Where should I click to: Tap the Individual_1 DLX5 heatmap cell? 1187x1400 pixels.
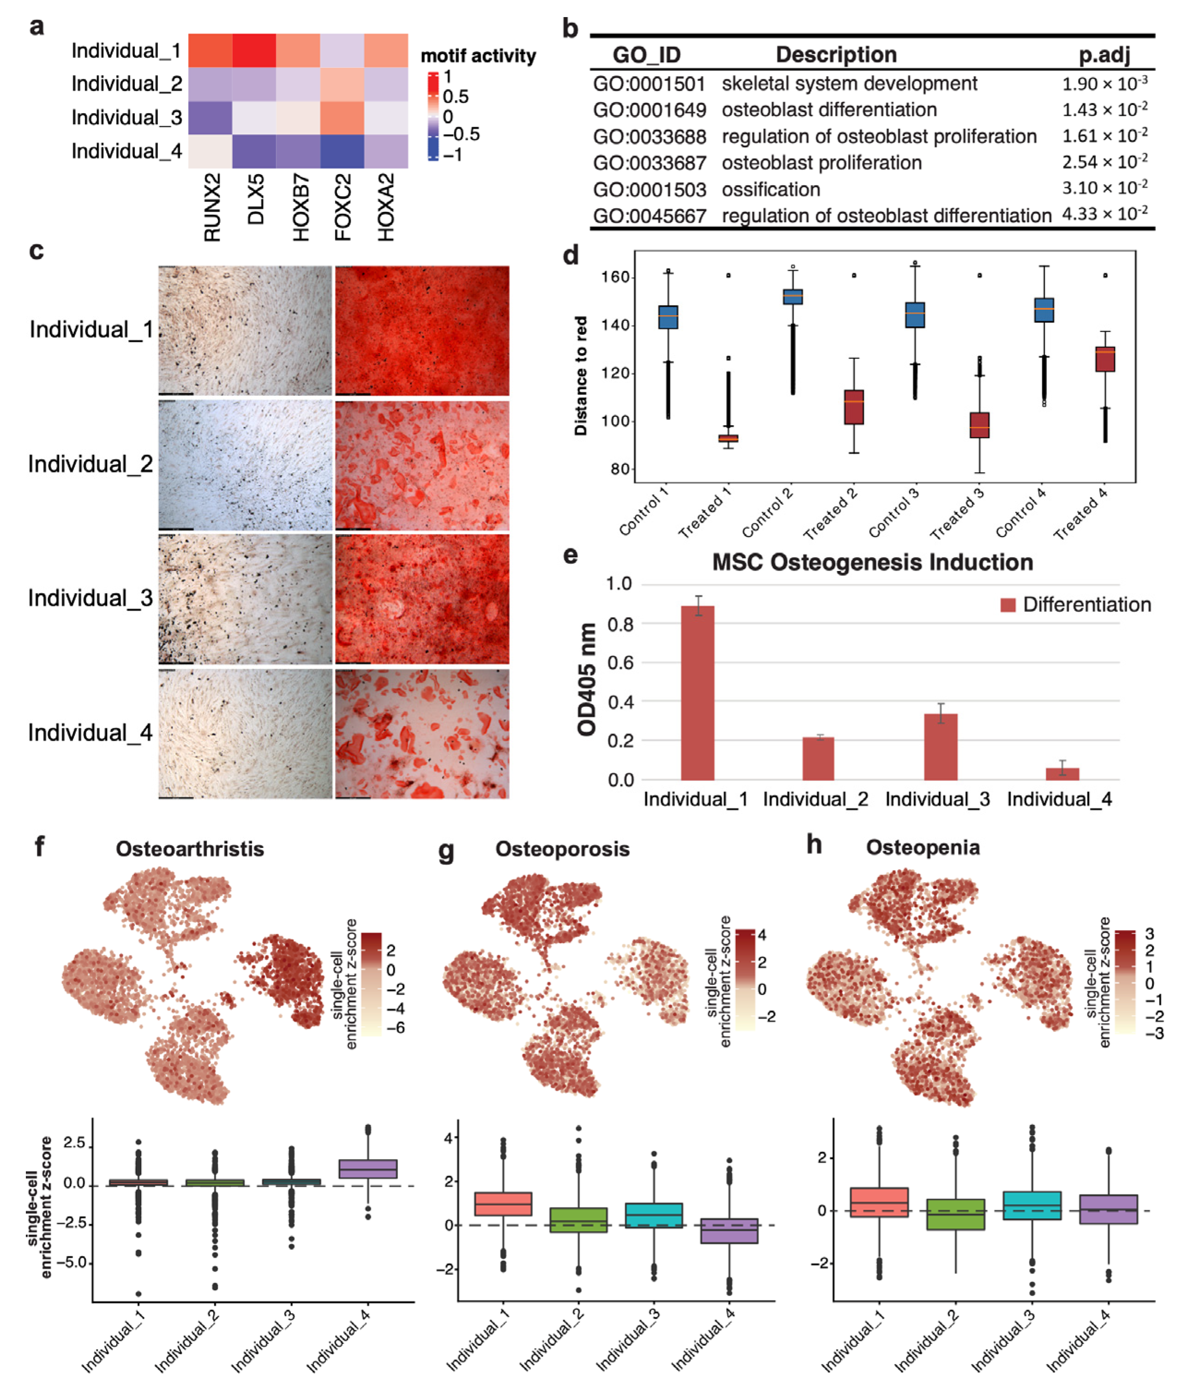point(254,50)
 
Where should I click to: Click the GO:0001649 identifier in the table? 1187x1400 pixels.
point(649,110)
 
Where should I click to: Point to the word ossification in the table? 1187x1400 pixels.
point(771,190)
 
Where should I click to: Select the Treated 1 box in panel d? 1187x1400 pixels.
point(728,439)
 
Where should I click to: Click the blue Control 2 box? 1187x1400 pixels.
point(793,297)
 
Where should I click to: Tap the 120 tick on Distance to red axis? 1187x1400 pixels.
point(615,373)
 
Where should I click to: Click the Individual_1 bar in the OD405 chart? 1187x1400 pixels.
point(697,693)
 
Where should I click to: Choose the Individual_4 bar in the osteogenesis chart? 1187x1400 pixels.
point(1062,774)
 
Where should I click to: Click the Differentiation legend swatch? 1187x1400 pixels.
point(1007,605)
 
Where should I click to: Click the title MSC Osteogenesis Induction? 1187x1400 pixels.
point(872,562)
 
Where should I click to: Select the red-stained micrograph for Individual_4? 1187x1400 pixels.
point(422,733)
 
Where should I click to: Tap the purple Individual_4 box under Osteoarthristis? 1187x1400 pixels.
point(368,1169)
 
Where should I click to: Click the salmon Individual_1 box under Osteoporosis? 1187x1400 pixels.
point(503,1203)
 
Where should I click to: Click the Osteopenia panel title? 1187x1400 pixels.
point(922,847)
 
